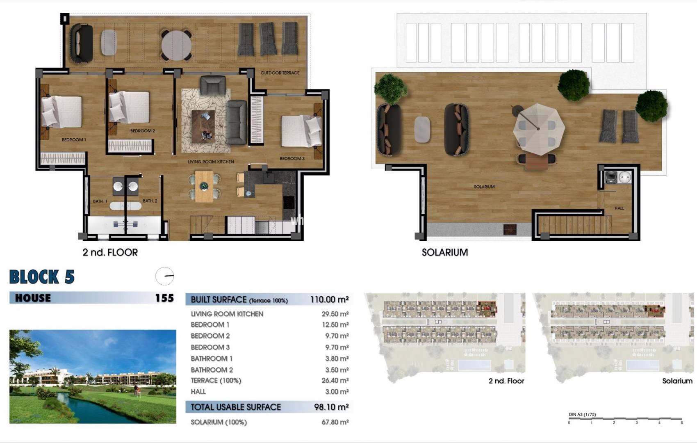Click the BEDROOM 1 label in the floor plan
(x=74, y=140)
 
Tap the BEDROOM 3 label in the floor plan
(x=292, y=158)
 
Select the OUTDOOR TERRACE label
(x=280, y=73)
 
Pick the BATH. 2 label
(x=150, y=201)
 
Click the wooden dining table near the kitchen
(x=204, y=187)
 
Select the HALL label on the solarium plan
(x=619, y=208)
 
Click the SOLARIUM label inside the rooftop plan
(x=484, y=187)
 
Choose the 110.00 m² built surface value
(x=329, y=300)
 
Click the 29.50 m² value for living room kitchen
(x=335, y=314)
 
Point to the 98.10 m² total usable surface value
(x=331, y=407)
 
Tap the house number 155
(x=164, y=298)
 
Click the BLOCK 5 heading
(x=42, y=277)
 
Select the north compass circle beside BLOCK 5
(x=165, y=276)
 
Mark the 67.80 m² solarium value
(x=335, y=422)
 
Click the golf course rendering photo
(x=93, y=377)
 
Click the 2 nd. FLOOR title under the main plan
(x=110, y=252)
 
